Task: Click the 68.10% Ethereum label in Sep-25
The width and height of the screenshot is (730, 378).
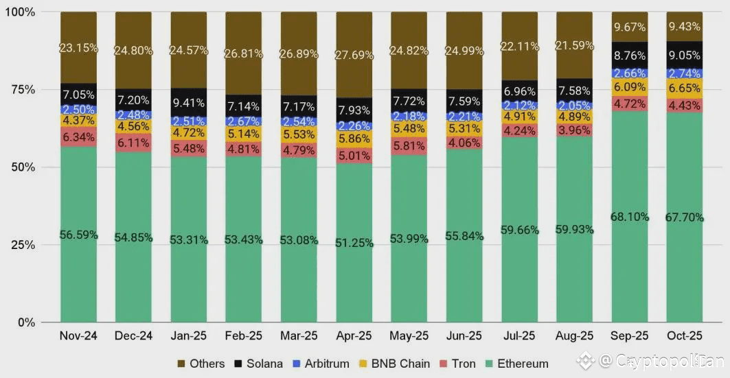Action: (629, 217)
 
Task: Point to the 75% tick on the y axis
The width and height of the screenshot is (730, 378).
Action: (25, 90)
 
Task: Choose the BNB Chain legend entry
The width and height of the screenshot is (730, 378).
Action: (393, 364)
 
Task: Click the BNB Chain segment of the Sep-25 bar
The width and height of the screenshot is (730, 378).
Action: (629, 87)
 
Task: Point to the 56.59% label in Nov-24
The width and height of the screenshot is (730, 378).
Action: (78, 235)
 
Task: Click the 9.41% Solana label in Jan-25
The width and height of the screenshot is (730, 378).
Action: (188, 104)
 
